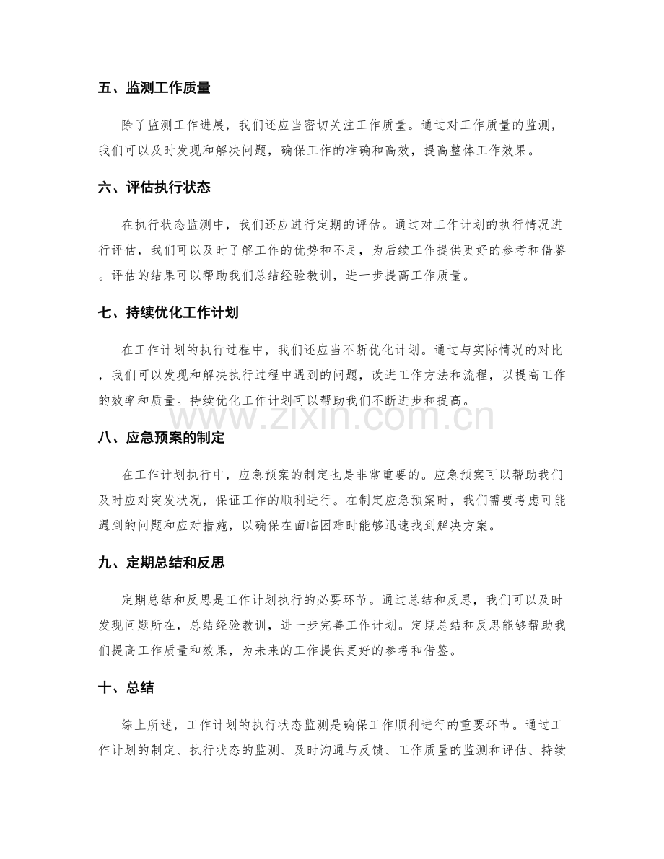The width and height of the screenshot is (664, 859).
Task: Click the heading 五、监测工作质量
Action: click(x=154, y=89)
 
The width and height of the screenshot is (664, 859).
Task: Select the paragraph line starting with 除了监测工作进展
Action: click(x=344, y=125)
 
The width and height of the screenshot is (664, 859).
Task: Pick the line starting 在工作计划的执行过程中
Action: click(x=344, y=350)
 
